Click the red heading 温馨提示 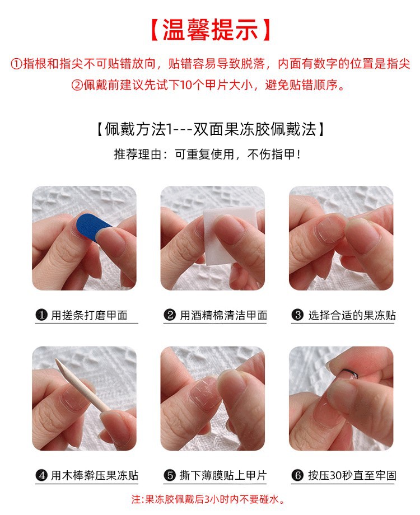click(210, 30)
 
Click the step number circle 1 click(41, 315)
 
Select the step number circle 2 click(170, 315)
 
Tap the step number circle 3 click(298, 315)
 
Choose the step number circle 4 click(41, 476)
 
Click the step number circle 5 click(170, 476)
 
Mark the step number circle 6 click(298, 476)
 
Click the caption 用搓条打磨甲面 click(89, 315)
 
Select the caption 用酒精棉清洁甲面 click(223, 315)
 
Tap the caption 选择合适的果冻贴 click(352, 315)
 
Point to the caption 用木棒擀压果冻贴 click(94, 476)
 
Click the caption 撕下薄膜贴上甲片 click(223, 476)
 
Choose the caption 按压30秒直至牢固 click(352, 476)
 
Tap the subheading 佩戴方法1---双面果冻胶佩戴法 click(210, 129)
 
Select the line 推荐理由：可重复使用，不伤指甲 click(210, 154)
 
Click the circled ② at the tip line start click(77, 86)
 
